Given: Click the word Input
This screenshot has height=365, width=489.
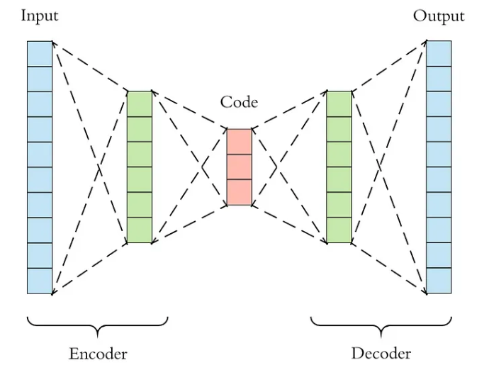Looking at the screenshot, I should (39, 16).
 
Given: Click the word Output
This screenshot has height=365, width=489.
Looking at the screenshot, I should (439, 16).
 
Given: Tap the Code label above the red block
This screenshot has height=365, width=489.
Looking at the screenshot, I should (239, 102).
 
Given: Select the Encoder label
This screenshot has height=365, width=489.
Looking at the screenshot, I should (98, 353).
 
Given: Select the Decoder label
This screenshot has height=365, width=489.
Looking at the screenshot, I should (381, 353).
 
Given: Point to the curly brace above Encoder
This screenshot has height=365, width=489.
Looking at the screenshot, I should (98, 325).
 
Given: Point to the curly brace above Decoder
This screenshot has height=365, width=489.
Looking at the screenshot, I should (381, 325).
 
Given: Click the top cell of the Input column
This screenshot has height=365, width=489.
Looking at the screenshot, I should (40, 54).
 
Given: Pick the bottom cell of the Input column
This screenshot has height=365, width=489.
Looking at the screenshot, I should (40, 281).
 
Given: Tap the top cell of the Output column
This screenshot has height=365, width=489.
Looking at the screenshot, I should (439, 54).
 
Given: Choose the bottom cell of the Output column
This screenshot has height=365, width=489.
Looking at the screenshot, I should (439, 281).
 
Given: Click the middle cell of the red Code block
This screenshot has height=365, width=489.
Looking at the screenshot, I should (239, 167).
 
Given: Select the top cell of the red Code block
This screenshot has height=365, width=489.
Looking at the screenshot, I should (239, 142).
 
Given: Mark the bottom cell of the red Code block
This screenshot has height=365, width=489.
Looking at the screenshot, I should (239, 193).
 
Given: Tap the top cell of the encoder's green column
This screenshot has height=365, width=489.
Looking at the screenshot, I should (140, 103).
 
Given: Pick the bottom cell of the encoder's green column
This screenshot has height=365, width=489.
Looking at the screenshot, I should (140, 230).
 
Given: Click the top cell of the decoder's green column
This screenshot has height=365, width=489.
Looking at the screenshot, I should (339, 103).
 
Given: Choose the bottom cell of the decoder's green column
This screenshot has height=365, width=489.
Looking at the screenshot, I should (339, 230).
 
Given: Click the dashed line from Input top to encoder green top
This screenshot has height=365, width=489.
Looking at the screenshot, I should (90, 67).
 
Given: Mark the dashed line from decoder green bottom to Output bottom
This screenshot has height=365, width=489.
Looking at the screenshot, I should (389, 268).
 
